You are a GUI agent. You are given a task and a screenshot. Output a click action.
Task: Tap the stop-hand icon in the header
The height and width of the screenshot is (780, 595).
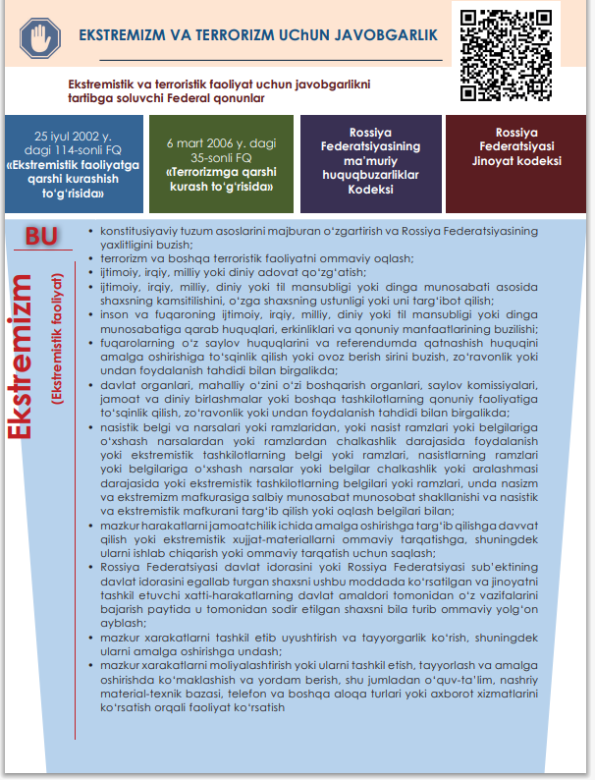(x=39, y=36)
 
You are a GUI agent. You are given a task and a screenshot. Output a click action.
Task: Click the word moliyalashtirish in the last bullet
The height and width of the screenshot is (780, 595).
(x=244, y=665)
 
